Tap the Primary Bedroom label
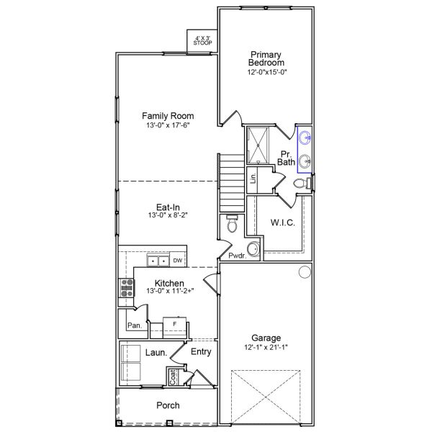[266, 58]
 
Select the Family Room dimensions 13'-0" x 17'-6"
[168, 127]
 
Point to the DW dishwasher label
[177, 261]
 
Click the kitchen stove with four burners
[127, 287]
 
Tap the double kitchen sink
[158, 260]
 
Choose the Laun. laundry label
[156, 353]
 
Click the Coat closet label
[173, 376]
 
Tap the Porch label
[168, 405]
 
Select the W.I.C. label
[282, 222]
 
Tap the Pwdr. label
[236, 256]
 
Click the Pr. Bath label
[287, 158]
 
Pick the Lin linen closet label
[253, 179]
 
